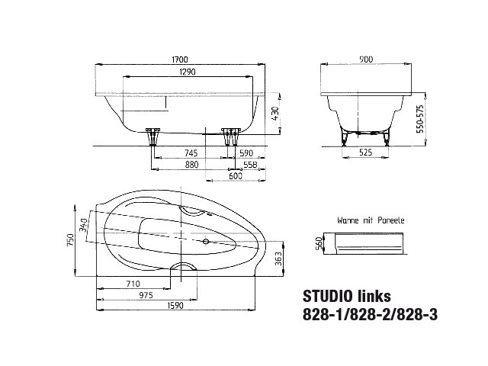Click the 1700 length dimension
coord(180,59)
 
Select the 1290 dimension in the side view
coord(188,72)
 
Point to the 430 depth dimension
coord(275,114)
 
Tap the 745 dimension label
coord(191,153)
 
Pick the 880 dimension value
coord(191,165)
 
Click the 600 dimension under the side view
coord(236,176)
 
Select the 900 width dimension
coord(366,59)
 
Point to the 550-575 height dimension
coord(420,119)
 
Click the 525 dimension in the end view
coord(366,152)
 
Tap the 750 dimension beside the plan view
coord(71,239)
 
